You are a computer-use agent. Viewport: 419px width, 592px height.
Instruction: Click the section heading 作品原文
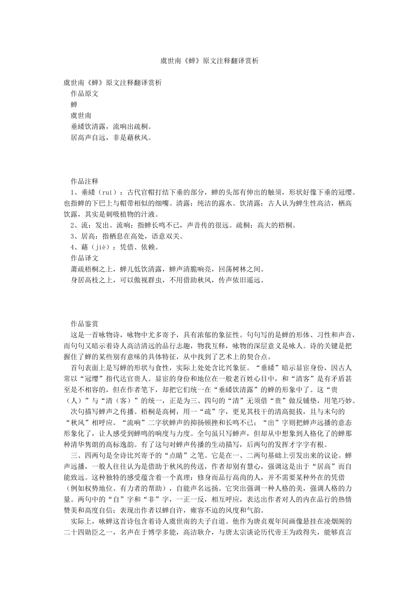point(85,93)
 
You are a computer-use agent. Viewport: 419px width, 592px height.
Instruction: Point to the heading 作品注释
point(85,181)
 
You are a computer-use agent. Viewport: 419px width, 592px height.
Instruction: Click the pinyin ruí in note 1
point(106,192)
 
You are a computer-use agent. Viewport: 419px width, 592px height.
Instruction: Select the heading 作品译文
point(85,258)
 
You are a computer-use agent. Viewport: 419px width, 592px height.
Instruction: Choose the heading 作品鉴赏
point(85,324)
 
